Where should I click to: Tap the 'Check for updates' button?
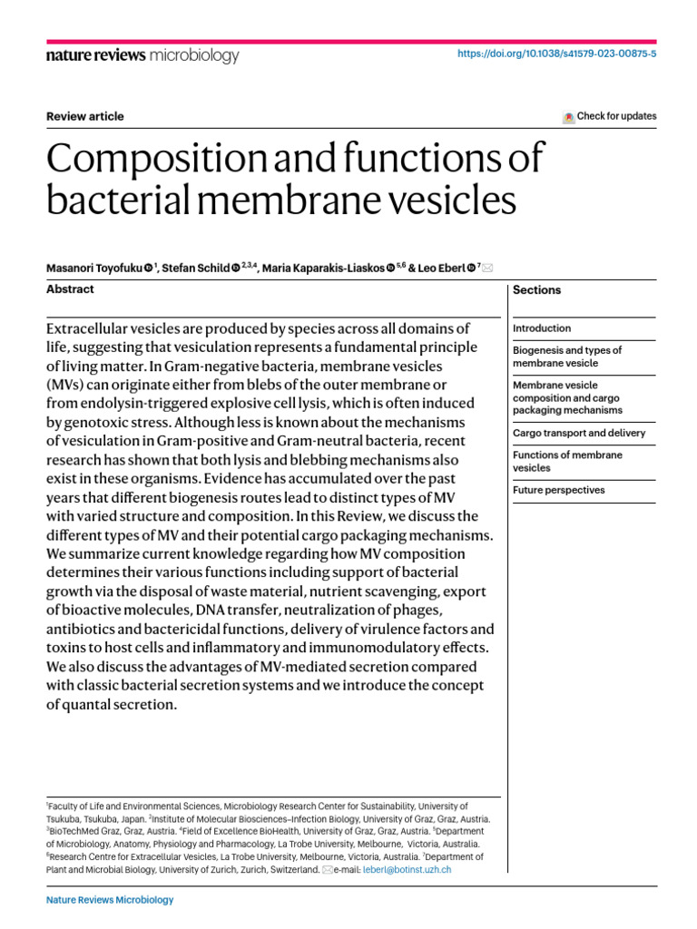pos(609,116)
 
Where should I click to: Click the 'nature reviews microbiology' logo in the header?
pos(142,56)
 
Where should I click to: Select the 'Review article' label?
pos(85,116)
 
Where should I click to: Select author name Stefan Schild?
pos(197,268)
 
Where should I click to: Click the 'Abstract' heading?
pos(70,289)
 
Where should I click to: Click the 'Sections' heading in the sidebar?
pos(536,290)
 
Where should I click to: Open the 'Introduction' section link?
pos(542,328)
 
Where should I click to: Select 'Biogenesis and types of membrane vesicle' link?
pos(567,357)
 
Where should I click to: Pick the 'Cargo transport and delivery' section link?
pos(579,434)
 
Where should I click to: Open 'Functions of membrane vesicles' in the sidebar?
pos(567,462)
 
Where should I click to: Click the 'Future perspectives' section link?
pos(558,491)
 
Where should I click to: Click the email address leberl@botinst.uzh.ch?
pos(407,869)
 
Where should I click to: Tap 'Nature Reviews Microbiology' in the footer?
pos(109,900)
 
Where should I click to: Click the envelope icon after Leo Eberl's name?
pos(488,268)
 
